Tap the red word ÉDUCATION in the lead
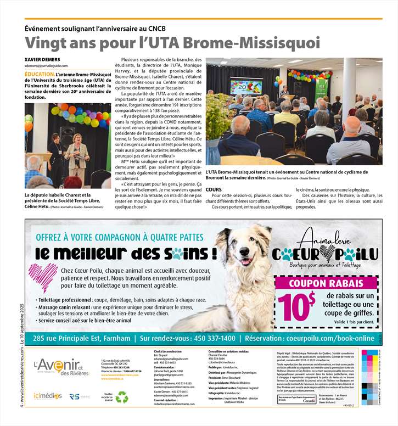39,73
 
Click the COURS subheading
214,189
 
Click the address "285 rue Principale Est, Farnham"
82,338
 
